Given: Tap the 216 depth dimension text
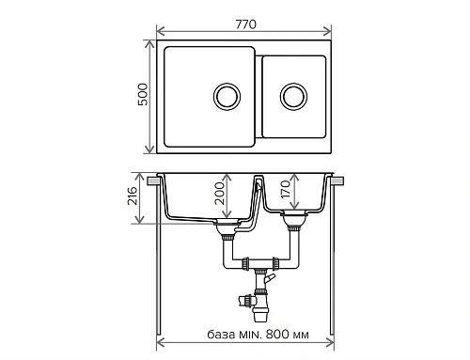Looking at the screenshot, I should (133, 197).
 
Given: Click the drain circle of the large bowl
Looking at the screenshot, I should (227, 96).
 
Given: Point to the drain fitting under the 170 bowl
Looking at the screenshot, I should (294, 222).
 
